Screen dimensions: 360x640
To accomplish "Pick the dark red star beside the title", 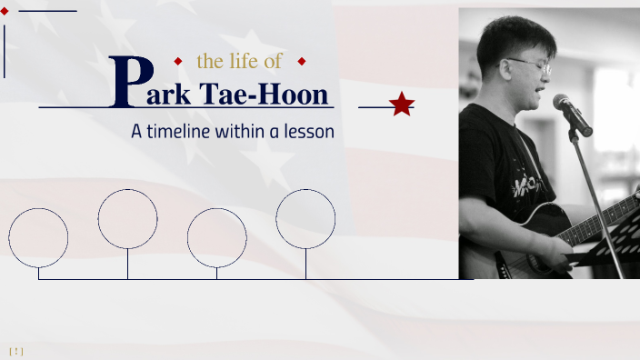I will tap(401, 105).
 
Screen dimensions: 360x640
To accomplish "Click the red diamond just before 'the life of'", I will tap(178, 62).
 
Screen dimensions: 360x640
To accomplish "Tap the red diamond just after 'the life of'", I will tap(302, 62).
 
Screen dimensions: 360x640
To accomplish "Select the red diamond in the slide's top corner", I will tap(5, 11).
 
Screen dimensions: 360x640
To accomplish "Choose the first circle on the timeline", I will tap(38, 237).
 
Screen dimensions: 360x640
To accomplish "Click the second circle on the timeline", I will tap(128, 218).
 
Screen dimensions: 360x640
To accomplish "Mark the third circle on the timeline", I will tap(217, 237).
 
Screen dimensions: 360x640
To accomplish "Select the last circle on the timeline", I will tap(305, 218).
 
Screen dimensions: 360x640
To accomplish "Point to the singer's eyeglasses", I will tap(530, 65).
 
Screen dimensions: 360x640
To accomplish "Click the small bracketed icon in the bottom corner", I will tap(16, 351).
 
